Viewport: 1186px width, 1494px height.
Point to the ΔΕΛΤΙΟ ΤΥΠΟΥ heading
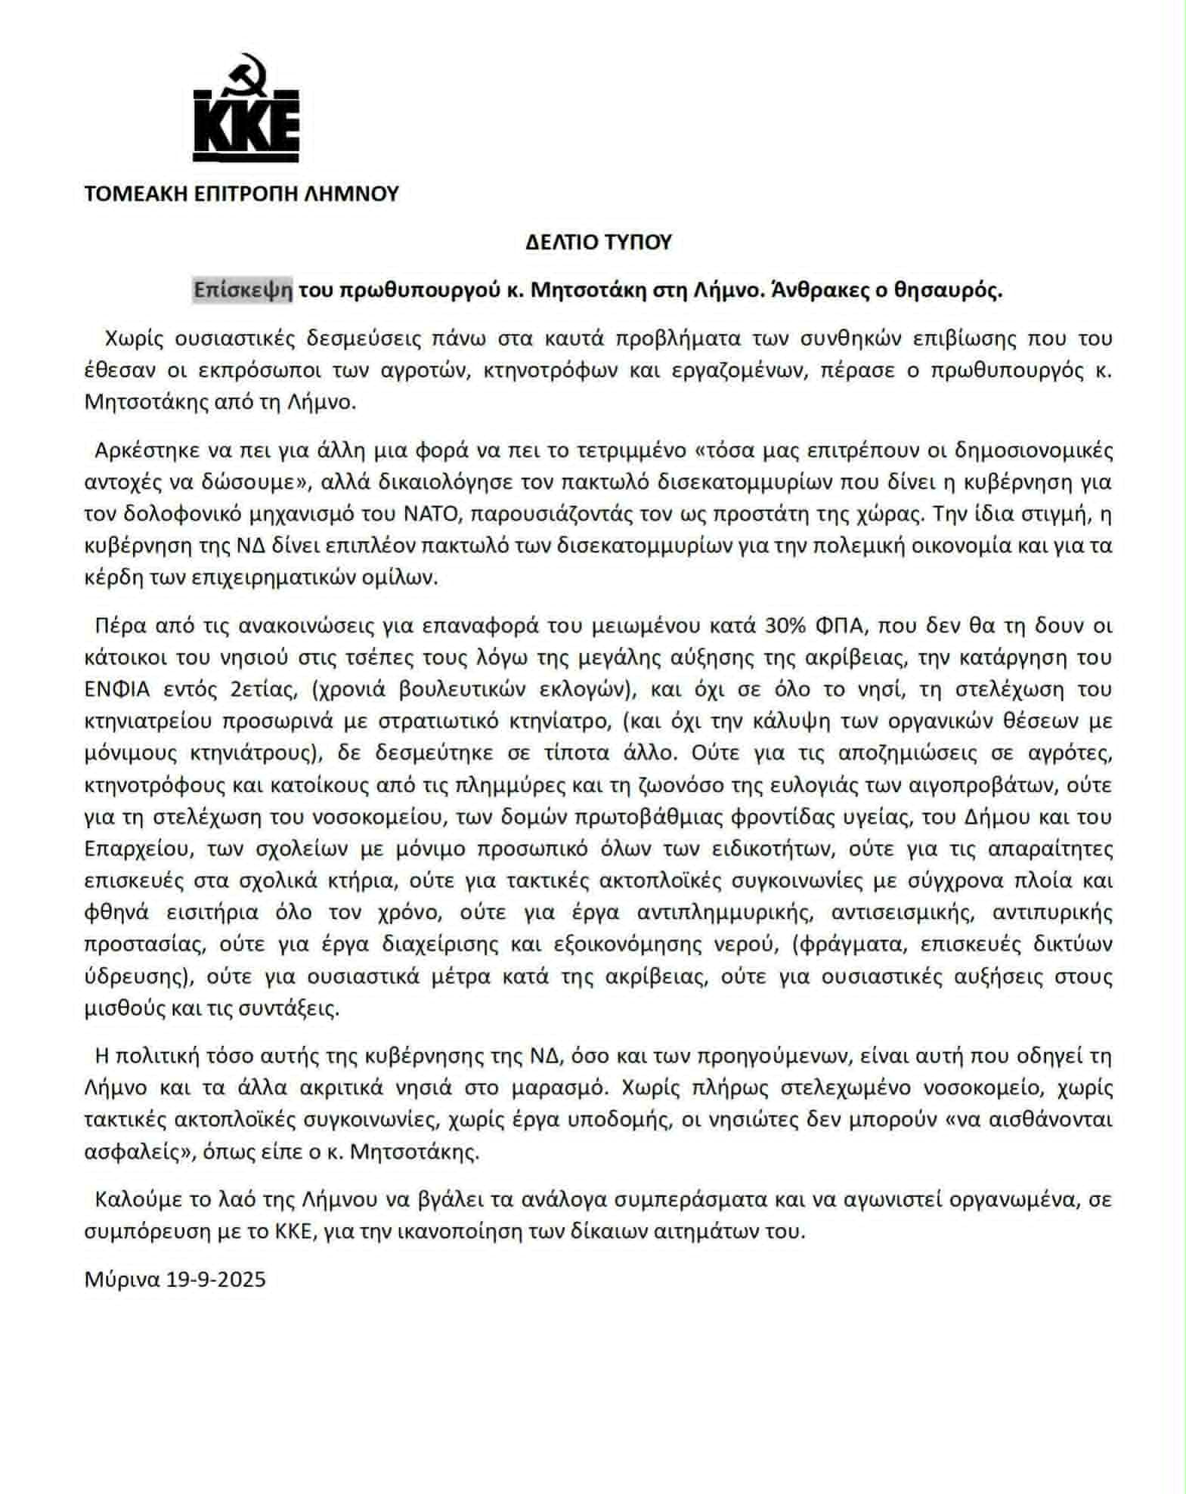pos(598,243)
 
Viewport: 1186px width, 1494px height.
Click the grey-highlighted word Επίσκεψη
pos(243,291)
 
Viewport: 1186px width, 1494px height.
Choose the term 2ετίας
pos(242,690)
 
